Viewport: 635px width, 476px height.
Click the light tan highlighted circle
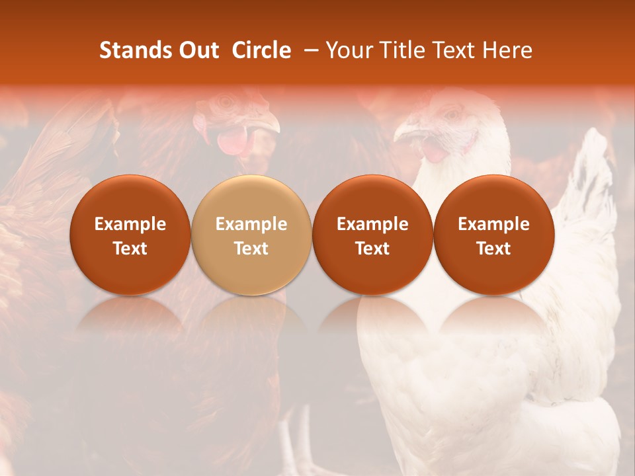click(x=251, y=235)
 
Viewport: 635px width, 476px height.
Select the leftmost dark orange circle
click(x=130, y=235)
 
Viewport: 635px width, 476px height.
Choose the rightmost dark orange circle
click(x=493, y=235)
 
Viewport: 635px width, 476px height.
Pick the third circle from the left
click(x=372, y=235)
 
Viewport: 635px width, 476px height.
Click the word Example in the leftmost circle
click(x=130, y=224)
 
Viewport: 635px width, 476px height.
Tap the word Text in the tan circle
click(x=251, y=249)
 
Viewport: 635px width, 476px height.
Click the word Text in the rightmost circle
click(x=493, y=249)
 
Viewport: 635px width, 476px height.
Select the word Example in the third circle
click(x=372, y=224)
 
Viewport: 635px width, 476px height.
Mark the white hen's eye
click(x=452, y=114)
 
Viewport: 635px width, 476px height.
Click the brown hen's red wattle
click(x=232, y=141)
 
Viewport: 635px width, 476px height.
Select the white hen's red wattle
click(x=434, y=150)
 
